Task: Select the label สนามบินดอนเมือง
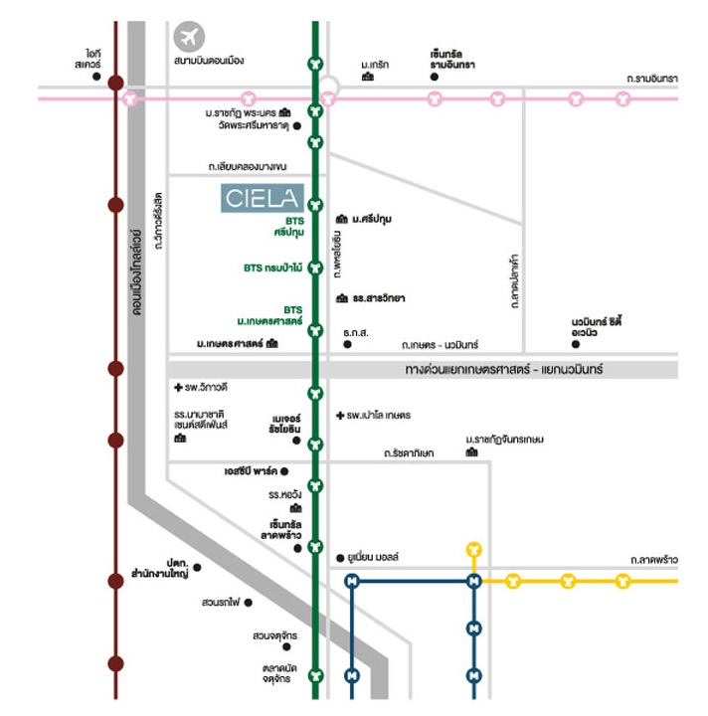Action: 208,61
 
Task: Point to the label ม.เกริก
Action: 376,64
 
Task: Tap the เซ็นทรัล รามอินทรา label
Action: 451,58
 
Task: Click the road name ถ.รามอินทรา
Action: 651,77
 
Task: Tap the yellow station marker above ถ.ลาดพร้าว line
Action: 473,549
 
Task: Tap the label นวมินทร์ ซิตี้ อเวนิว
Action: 597,325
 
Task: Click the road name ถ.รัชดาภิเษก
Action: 409,453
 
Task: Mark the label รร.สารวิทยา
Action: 378,298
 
